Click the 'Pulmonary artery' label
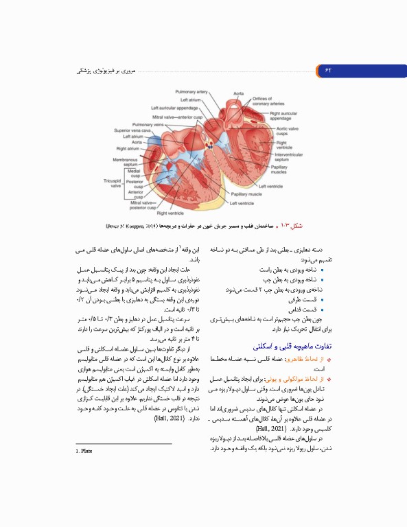[191, 91]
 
